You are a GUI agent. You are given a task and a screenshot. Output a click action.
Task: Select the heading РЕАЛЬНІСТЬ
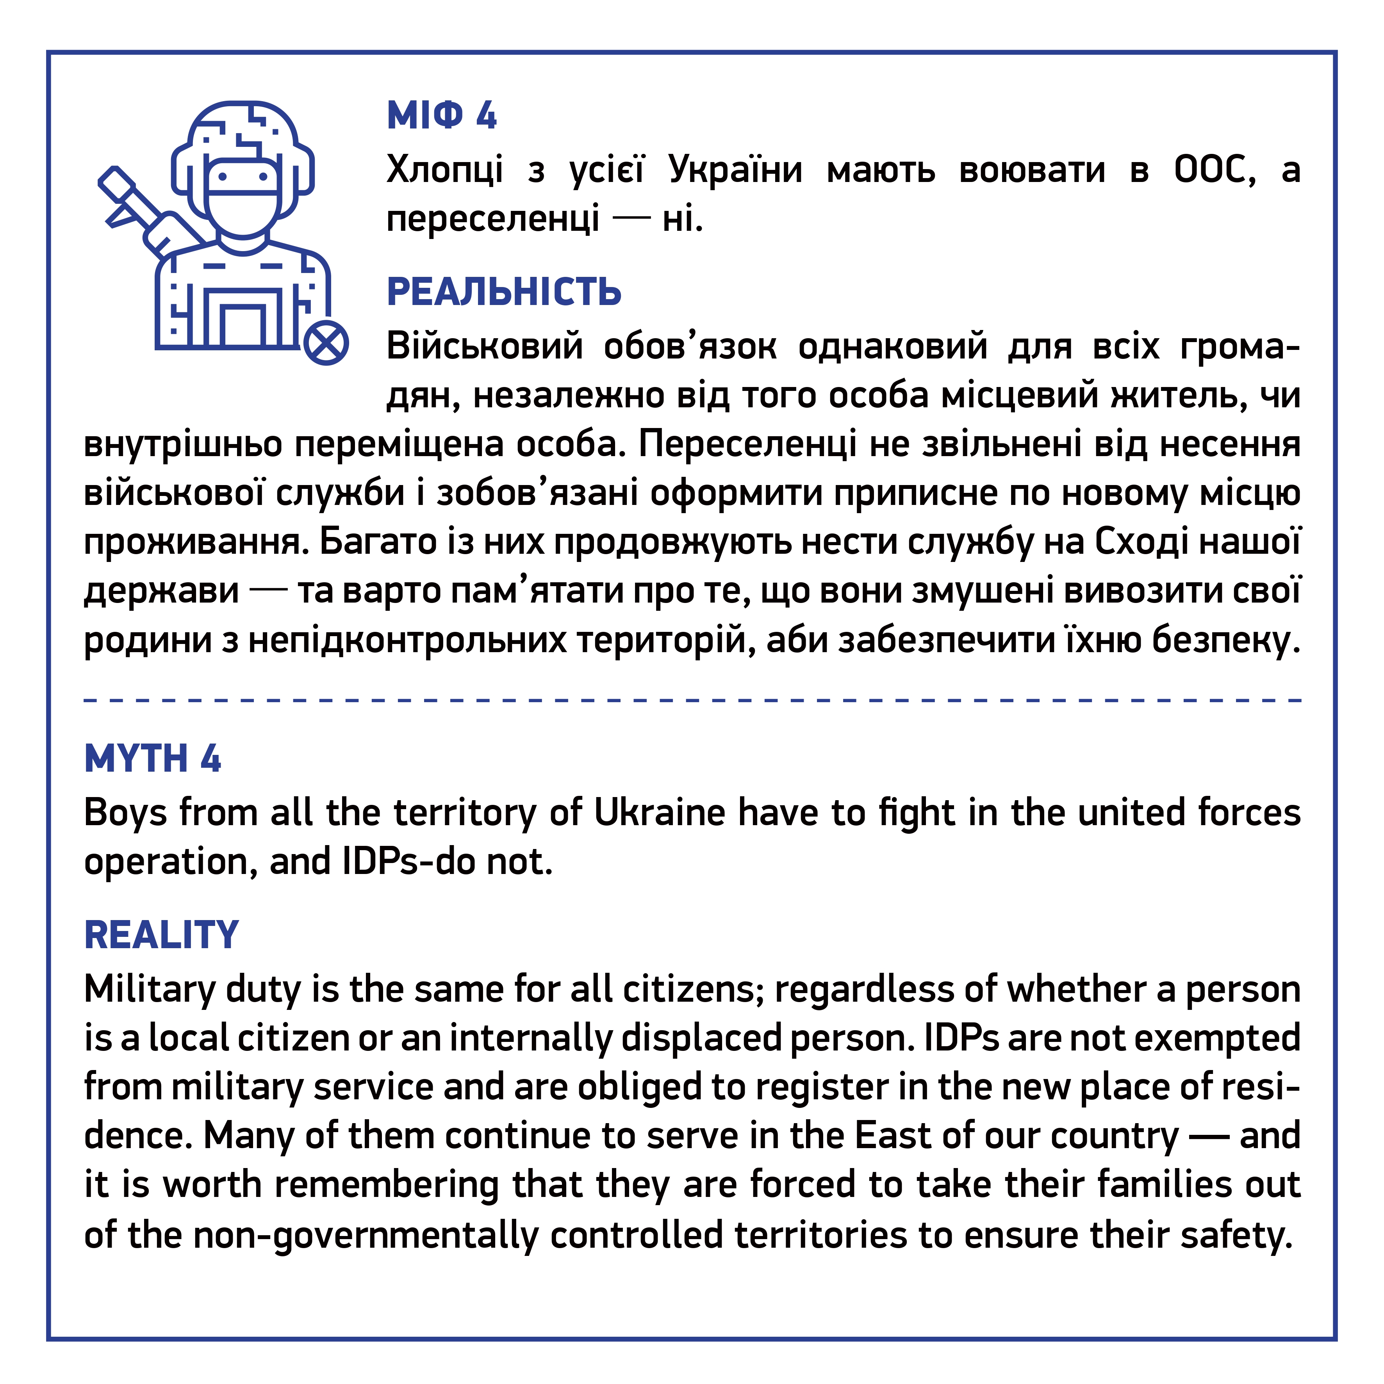coord(504,292)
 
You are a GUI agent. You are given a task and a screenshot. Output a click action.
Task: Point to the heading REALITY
coord(161,935)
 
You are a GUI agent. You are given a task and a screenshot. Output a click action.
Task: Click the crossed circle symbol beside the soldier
coord(326,343)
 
